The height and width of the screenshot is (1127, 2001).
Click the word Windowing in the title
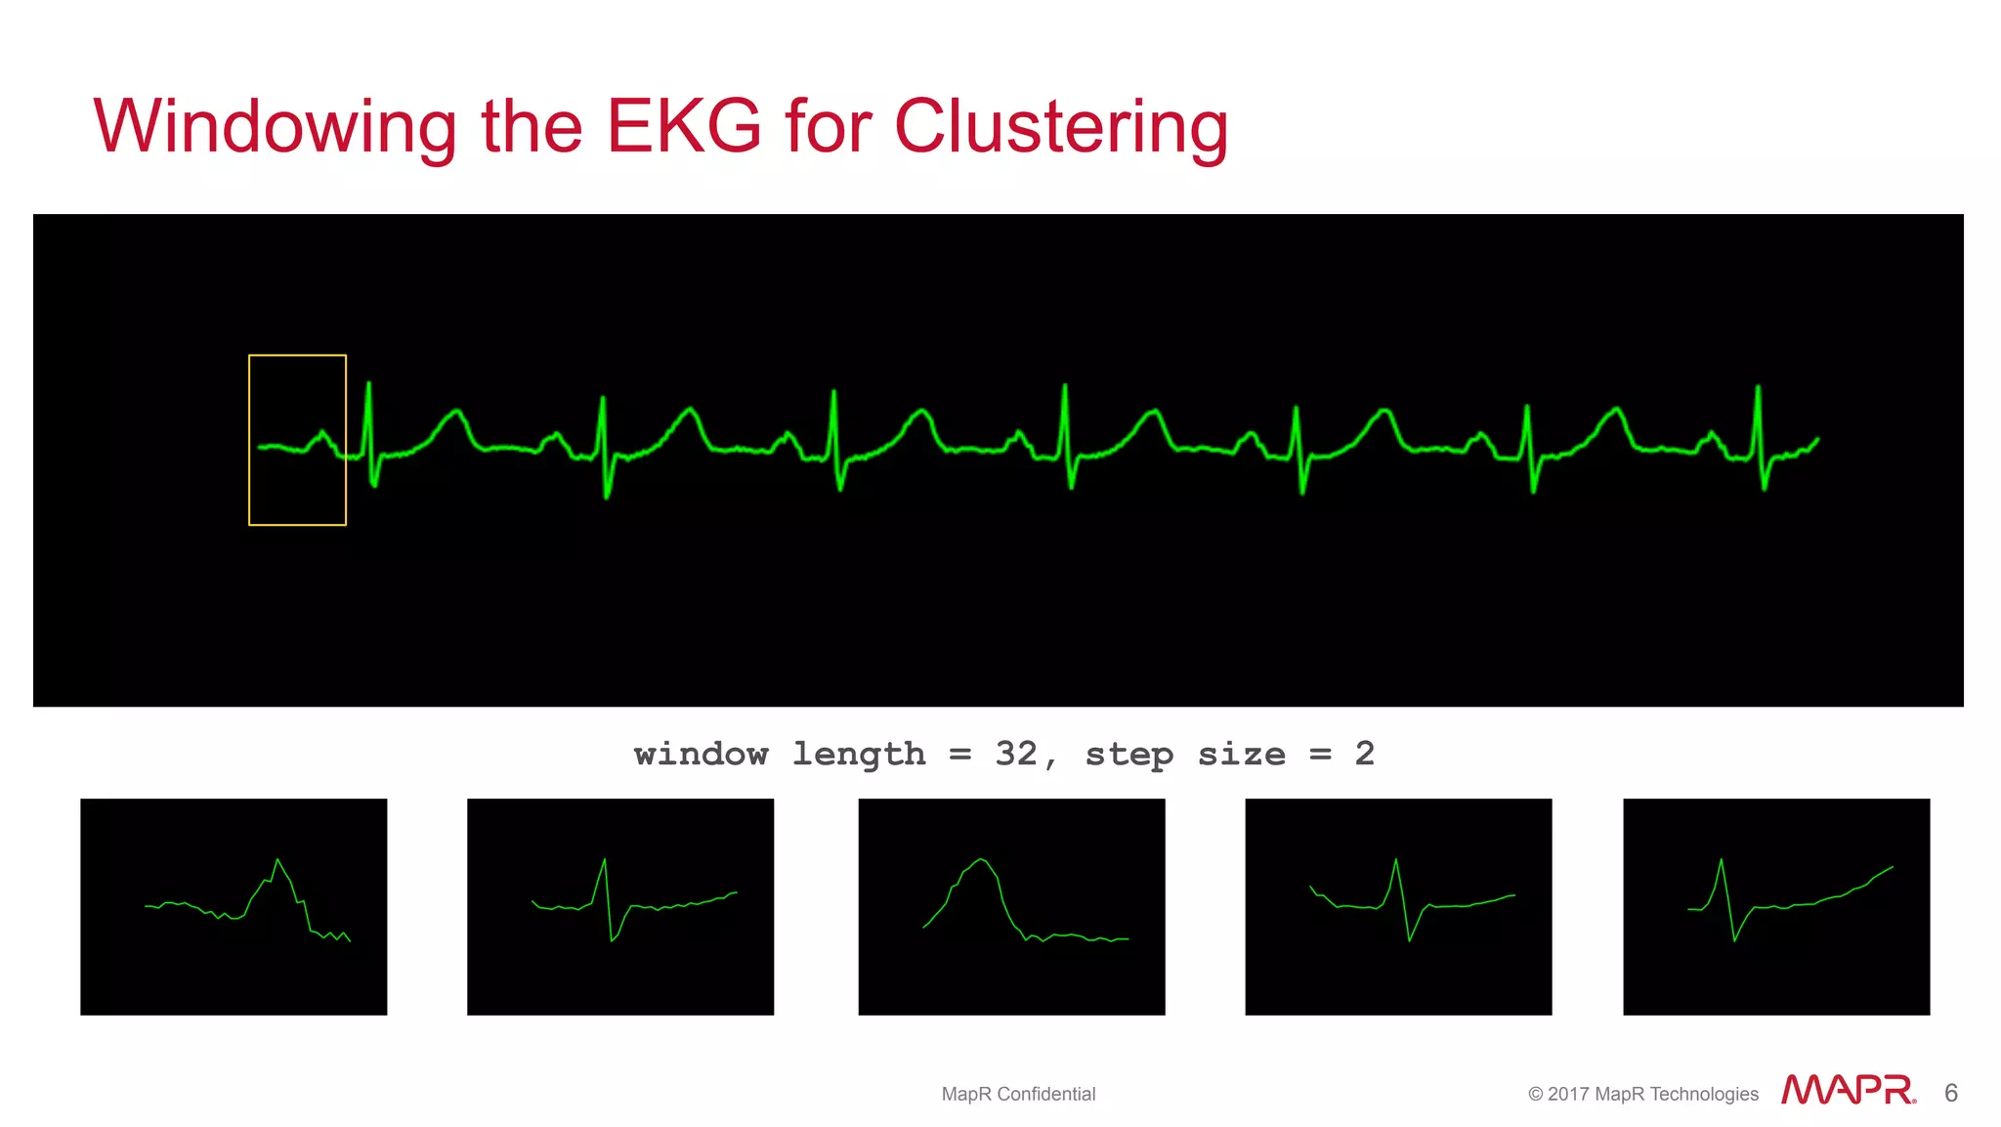tap(275, 127)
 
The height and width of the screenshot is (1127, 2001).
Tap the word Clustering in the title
tap(1061, 127)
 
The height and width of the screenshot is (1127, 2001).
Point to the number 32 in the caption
tap(1016, 754)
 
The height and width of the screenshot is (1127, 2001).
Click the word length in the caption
tap(858, 754)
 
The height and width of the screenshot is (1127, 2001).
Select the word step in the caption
tap(1128, 754)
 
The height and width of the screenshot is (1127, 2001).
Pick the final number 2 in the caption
tap(1365, 754)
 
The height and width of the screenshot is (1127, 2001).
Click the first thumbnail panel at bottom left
tap(234, 906)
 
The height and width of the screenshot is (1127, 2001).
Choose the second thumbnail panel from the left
tap(620, 906)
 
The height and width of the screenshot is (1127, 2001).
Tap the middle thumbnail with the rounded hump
tap(1011, 906)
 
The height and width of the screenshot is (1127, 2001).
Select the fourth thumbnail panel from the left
tap(1398, 906)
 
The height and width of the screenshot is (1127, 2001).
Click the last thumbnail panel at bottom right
tap(1776, 906)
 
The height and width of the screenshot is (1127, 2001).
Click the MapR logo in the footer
tap(1848, 1090)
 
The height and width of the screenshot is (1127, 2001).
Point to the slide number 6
tap(1951, 1093)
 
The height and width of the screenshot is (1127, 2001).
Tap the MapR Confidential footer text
tap(1018, 1094)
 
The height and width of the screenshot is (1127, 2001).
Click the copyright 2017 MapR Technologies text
tap(1642, 1094)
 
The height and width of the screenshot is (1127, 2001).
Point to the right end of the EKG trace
tap(1816, 440)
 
